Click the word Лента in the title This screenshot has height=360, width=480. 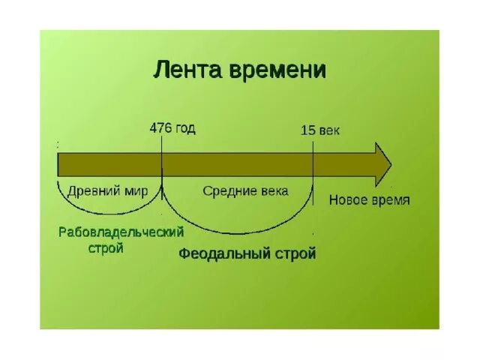pyautogui.click(x=184, y=70)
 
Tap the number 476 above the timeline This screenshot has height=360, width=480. pyautogui.click(x=160, y=127)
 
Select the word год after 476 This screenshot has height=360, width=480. pyautogui.click(x=184, y=128)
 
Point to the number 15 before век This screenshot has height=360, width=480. pyautogui.click(x=307, y=130)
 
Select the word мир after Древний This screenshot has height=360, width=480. pyautogui.click(x=137, y=190)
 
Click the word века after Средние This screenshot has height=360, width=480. pyautogui.click(x=272, y=190)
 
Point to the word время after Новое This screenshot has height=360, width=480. pyautogui.click(x=391, y=200)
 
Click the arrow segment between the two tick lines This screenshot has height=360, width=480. pyautogui.click(x=237, y=163)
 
